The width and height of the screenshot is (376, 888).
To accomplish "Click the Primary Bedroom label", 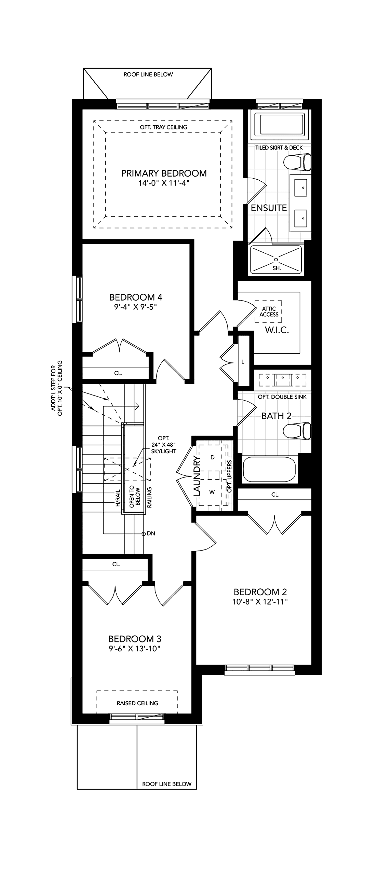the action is pos(164,173).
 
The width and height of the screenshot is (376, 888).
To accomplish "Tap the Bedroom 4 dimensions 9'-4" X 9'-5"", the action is pos(136,306).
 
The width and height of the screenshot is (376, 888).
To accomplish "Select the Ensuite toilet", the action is pos(297,162).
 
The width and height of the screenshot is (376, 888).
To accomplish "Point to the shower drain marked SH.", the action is pos(276,259).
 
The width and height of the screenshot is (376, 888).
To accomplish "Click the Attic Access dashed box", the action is pos(269,311).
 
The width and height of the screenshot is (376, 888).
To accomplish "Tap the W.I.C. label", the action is pos(277,330).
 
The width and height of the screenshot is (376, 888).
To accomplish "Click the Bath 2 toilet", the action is pos(297,431).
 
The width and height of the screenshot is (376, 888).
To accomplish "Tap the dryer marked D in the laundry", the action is pos(213,457).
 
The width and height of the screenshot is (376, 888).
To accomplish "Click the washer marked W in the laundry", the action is pos(212,492).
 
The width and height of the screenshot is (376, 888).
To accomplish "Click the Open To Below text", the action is pos(135,496).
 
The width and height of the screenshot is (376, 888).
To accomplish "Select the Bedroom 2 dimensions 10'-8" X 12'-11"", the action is pos(260,601).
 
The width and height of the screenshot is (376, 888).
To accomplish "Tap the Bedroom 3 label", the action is pos(135,639).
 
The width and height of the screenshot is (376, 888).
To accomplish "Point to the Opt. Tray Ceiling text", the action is pos(163,127).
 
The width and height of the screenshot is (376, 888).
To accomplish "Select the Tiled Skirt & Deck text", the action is pos(279,148).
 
